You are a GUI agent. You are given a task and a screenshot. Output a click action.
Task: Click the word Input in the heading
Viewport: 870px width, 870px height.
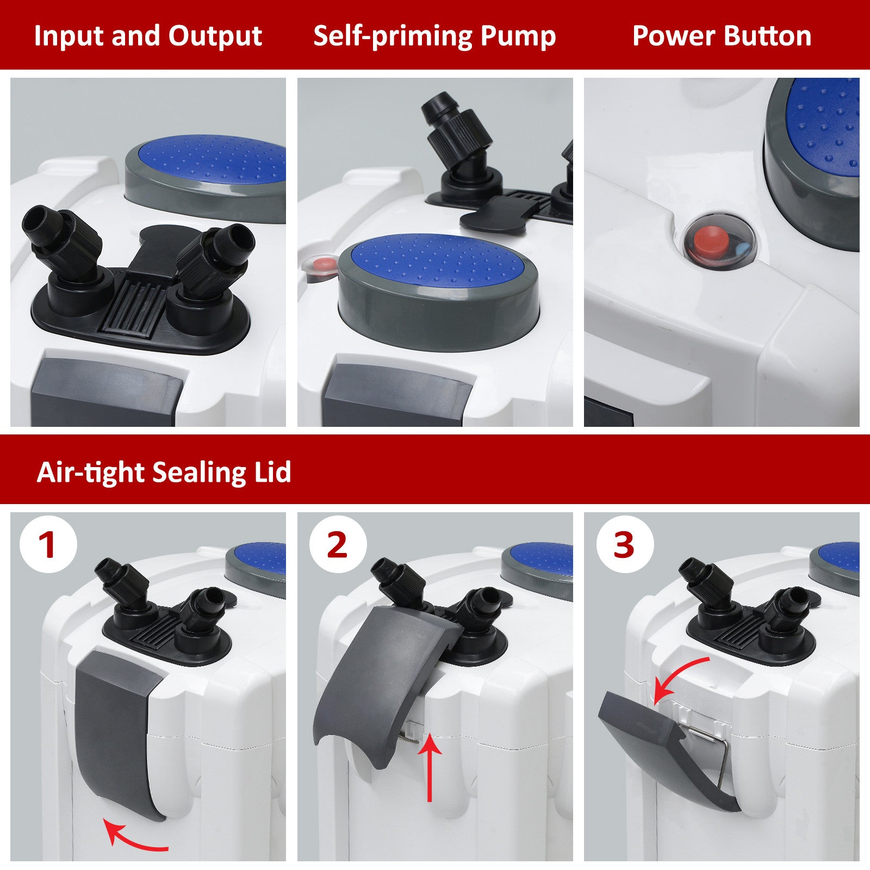[69, 36]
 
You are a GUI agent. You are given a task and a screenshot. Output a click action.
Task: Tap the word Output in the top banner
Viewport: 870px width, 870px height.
[215, 36]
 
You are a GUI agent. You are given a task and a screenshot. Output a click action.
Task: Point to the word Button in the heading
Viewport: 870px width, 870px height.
[767, 36]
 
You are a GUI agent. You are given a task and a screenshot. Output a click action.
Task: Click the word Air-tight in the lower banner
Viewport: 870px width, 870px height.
[90, 472]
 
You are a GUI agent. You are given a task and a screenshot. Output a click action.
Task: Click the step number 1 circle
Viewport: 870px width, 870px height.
[48, 544]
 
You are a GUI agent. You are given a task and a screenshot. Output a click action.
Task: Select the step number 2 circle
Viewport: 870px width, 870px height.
[338, 544]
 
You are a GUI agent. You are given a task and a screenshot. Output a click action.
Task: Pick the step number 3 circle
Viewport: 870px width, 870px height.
[624, 544]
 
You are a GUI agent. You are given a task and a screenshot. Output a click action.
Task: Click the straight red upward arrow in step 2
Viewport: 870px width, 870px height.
[430, 767]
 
